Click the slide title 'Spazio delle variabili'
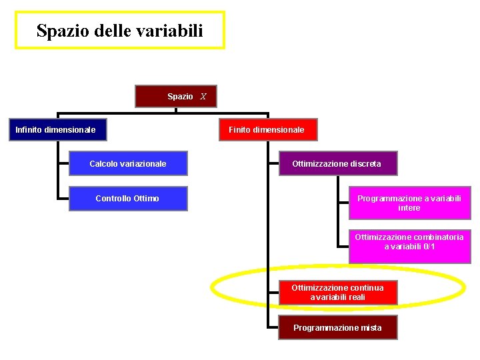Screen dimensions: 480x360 (x=120, y=30)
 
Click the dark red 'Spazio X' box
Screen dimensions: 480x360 (x=176, y=97)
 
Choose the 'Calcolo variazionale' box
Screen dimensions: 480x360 (x=128, y=163)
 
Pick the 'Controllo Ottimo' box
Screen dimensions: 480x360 (x=128, y=198)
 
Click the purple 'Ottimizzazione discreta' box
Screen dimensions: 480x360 (x=337, y=163)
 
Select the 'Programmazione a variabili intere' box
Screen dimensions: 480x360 (x=409, y=203)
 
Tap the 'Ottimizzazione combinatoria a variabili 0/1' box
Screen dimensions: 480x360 (x=409, y=242)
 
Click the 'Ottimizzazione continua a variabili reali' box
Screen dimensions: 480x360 (x=338, y=293)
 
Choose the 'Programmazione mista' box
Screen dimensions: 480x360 (x=338, y=327)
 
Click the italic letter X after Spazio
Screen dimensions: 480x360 (x=203, y=97)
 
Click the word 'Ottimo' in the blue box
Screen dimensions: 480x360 (x=147, y=198)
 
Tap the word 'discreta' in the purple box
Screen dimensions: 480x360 (x=365, y=163)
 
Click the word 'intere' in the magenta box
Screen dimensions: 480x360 (x=409, y=208)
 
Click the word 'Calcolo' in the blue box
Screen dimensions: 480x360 (x=103, y=163)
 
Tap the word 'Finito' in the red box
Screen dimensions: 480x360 (x=240, y=129)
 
